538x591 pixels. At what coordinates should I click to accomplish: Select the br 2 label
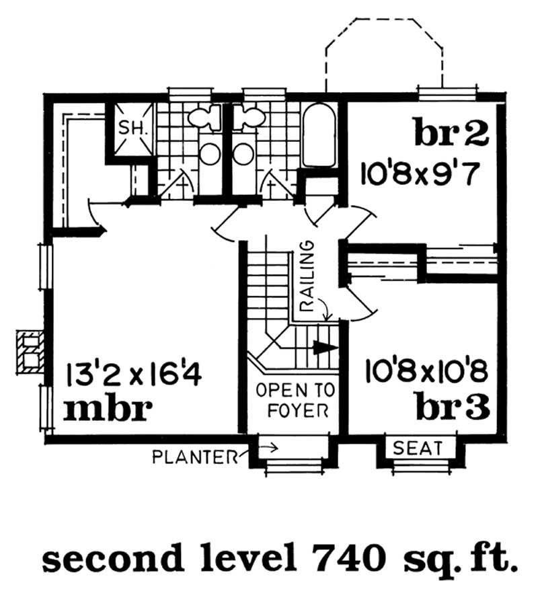click(451, 132)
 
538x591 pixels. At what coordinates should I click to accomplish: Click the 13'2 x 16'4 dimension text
click(133, 375)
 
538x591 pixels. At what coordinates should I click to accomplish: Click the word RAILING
click(307, 276)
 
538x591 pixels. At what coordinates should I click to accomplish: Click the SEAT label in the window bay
click(417, 448)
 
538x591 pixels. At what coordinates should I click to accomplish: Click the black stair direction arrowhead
click(324, 348)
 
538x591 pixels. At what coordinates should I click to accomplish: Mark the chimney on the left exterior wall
click(30, 352)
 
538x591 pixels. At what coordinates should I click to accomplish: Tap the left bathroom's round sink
click(210, 154)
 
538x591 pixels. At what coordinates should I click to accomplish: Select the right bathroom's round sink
click(243, 154)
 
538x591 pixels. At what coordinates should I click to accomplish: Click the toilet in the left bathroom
click(204, 117)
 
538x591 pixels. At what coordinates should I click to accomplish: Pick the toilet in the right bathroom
click(248, 117)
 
